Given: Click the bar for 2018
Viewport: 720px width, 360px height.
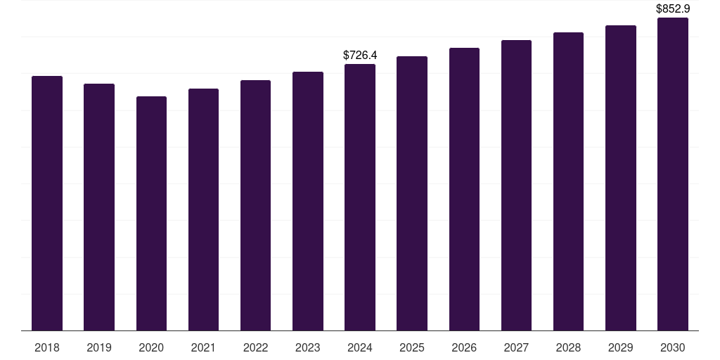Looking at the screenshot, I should click(47, 203).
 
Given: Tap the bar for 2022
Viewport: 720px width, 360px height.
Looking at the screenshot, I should click(255, 205).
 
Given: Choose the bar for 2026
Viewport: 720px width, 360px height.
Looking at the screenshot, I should click(464, 189).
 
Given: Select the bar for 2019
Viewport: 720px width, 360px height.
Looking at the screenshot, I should click(99, 207).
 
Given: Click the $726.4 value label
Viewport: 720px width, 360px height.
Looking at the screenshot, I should click(360, 55).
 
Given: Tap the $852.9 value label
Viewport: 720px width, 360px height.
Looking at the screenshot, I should click(673, 9).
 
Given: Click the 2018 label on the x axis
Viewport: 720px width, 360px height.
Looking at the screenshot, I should click(47, 347).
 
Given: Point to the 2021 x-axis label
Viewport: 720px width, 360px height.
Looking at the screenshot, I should click(203, 347).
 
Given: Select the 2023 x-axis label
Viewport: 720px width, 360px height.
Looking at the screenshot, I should click(307, 347).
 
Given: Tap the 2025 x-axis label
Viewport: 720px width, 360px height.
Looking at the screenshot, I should click(412, 347).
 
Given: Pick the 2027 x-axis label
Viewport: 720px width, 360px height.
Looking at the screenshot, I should click(516, 347).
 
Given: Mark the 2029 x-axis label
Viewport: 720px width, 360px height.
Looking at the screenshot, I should click(620, 347).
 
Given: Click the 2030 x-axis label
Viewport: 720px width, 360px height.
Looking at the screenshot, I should click(673, 347).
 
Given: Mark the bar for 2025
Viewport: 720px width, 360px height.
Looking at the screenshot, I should click(412, 193).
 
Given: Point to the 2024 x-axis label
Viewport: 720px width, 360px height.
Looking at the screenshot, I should click(360, 347).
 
